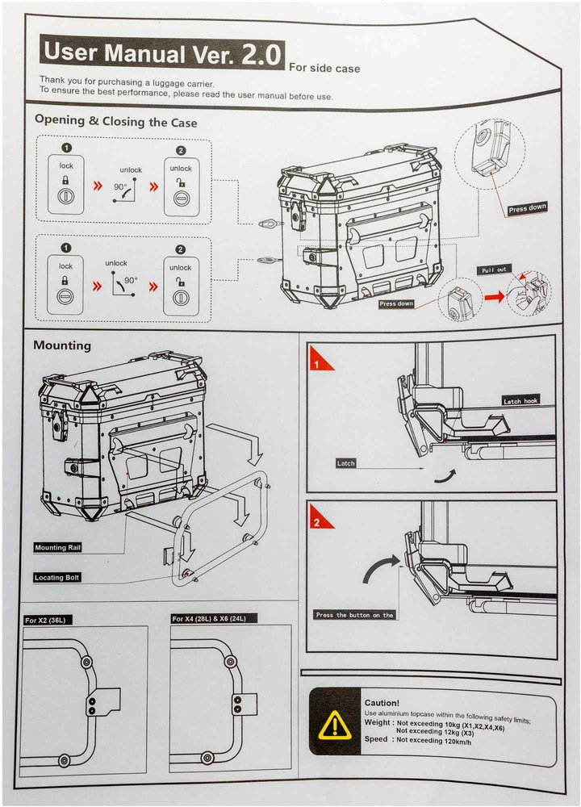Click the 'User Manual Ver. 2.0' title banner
pyautogui.click(x=161, y=53)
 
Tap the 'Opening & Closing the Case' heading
pyautogui.click(x=115, y=122)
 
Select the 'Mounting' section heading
pyautogui.click(x=62, y=345)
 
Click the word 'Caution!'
pyautogui.click(x=382, y=703)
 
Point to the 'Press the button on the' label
pyautogui.click(x=355, y=615)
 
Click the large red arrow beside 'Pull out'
pyautogui.click(x=494, y=296)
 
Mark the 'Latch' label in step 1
pyautogui.click(x=346, y=463)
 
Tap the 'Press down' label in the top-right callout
pyautogui.click(x=527, y=208)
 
